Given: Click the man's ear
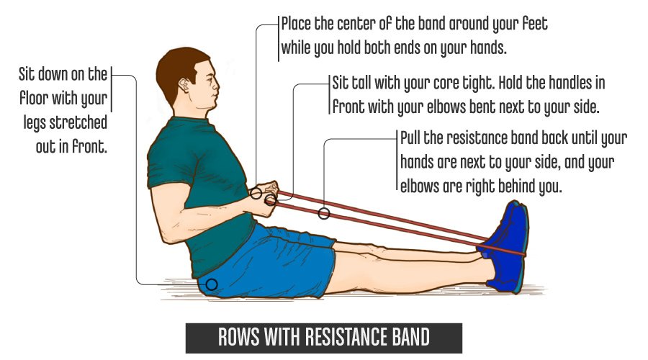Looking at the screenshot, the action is pos(185,86).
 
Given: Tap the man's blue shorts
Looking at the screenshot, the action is pos(269,261).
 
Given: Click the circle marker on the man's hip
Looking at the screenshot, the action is pos(212,284).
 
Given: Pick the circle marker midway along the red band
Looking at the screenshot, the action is pos(324,213).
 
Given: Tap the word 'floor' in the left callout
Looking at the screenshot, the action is pos(33,99).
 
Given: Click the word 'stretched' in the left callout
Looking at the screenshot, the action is pos(78,122).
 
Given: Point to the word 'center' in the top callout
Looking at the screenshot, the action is pos(356,24).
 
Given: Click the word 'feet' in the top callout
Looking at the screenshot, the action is pos(535,24).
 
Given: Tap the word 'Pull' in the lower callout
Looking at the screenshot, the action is pos(410,138).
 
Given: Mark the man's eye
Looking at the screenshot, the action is pos(209,78).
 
